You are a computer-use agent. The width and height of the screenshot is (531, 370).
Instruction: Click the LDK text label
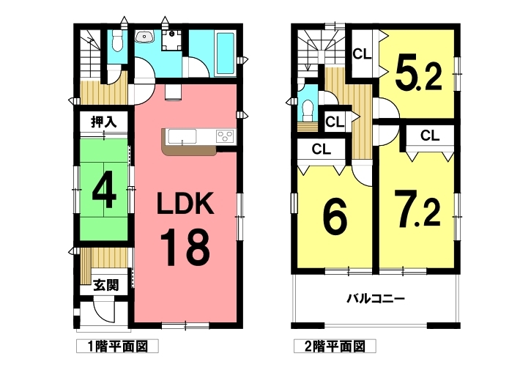(x=185, y=203)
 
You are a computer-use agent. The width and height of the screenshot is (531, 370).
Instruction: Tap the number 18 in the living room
(x=185, y=248)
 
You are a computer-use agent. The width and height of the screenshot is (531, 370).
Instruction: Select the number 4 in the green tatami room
(x=104, y=193)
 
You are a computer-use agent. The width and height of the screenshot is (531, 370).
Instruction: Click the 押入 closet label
(x=103, y=122)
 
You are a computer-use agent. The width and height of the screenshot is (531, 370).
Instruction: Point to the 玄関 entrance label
(x=106, y=285)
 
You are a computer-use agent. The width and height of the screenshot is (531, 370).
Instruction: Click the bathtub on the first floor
(x=225, y=53)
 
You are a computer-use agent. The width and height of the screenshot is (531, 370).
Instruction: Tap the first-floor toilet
(x=117, y=40)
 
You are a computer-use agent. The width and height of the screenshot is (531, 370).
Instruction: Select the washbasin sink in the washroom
(x=145, y=36)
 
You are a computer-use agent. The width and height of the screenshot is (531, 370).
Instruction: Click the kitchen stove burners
(x=225, y=136)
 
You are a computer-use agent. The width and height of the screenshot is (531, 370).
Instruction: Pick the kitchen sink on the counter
(x=182, y=137)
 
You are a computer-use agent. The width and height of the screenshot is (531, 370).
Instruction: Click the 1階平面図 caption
(x=117, y=347)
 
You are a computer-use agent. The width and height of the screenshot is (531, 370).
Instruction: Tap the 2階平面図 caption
(x=335, y=347)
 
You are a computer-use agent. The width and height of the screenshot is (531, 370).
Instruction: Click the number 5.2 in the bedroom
(x=417, y=77)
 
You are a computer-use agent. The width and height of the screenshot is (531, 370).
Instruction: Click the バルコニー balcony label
(x=376, y=299)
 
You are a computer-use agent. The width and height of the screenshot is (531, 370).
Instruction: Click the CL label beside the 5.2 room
(x=362, y=54)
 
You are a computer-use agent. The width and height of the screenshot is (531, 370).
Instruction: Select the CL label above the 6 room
(x=322, y=149)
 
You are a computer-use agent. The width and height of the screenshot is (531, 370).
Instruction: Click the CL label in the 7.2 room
(x=430, y=136)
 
